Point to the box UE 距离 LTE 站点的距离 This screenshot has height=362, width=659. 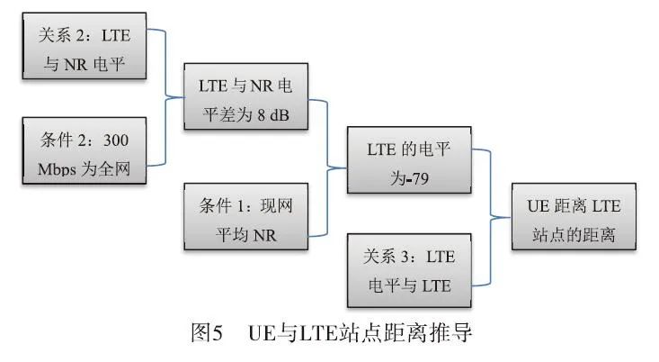[574, 218]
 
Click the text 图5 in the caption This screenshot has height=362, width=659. [206, 333]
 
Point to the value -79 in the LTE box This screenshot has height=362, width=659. [414, 177]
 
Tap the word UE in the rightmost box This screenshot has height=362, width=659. [538, 206]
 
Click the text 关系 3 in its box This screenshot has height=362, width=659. [387, 257]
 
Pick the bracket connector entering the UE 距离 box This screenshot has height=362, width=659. [492, 216]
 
